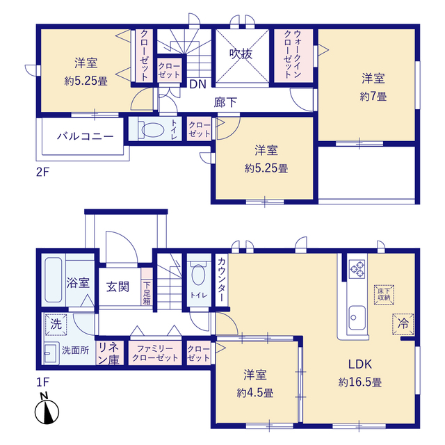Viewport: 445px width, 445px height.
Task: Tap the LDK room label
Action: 359,364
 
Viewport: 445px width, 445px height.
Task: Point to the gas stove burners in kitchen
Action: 357,268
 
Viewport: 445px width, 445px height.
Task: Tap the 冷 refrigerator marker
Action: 403,323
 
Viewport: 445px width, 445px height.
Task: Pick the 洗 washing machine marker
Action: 56,325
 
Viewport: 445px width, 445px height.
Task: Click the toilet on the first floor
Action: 197,276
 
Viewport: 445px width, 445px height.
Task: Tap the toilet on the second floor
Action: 149,130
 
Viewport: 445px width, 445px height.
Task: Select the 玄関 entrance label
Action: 117,286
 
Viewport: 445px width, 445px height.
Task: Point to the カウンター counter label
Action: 221,277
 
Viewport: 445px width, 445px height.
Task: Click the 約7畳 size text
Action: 373,97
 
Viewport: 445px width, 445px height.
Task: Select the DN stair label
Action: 197,85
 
